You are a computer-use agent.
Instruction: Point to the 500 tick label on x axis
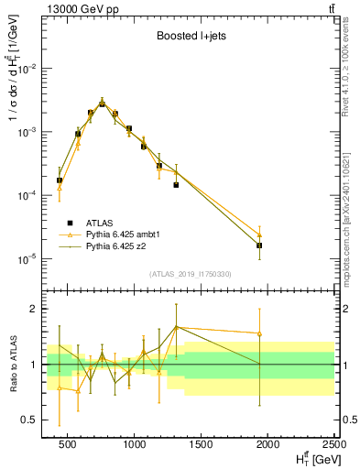(70, 444)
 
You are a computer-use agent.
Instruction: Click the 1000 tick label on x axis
(136, 444)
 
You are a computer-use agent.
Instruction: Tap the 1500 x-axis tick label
(202, 444)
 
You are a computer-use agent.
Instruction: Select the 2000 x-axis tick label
(267, 444)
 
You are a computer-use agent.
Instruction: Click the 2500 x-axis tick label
(333, 444)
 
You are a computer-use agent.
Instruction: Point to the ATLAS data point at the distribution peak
(103, 104)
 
